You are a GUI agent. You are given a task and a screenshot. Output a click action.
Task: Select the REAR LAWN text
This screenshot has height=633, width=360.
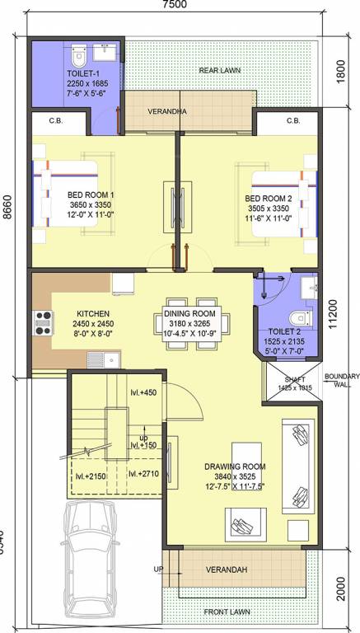(219, 71)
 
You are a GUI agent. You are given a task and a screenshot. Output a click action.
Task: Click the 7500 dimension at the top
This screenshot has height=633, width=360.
(175, 5)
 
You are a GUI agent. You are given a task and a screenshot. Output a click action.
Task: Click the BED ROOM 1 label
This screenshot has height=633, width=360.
(91, 195)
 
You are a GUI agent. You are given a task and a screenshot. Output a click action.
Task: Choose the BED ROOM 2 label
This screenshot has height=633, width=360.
(269, 199)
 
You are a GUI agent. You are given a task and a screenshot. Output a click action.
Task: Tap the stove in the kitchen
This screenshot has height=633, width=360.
(43, 321)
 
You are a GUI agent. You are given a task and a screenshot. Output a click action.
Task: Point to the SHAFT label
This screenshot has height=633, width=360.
(283, 381)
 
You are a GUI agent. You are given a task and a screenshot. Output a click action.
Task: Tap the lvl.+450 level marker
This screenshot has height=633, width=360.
(143, 393)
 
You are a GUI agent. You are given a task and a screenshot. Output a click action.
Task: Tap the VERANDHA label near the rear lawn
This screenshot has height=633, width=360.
(166, 110)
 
